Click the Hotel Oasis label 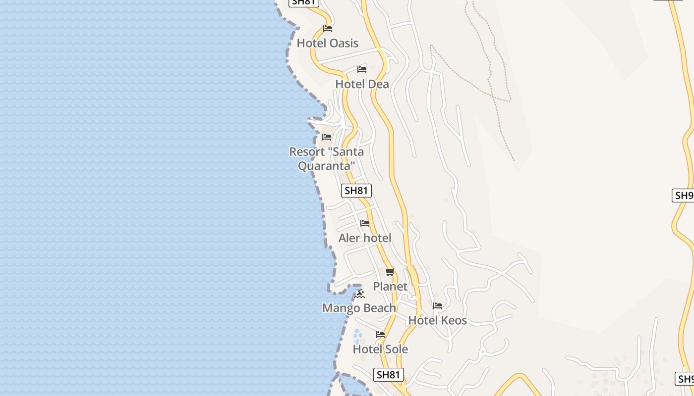(x=327, y=43)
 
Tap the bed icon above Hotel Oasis (x=327, y=29)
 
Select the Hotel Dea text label (x=362, y=84)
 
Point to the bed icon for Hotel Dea (x=362, y=69)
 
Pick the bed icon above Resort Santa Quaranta (x=327, y=137)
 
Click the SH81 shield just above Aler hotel (x=356, y=191)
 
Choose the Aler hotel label (x=365, y=238)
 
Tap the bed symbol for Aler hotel (x=365, y=223)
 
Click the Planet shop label (x=390, y=287)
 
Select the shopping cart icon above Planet (x=390, y=272)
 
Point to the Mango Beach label (x=359, y=308)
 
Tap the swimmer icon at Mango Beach (x=360, y=294)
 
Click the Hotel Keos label (x=437, y=320)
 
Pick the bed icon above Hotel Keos (x=437, y=306)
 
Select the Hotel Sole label (x=380, y=349)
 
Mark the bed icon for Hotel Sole (x=380, y=335)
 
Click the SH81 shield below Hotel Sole (x=388, y=375)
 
